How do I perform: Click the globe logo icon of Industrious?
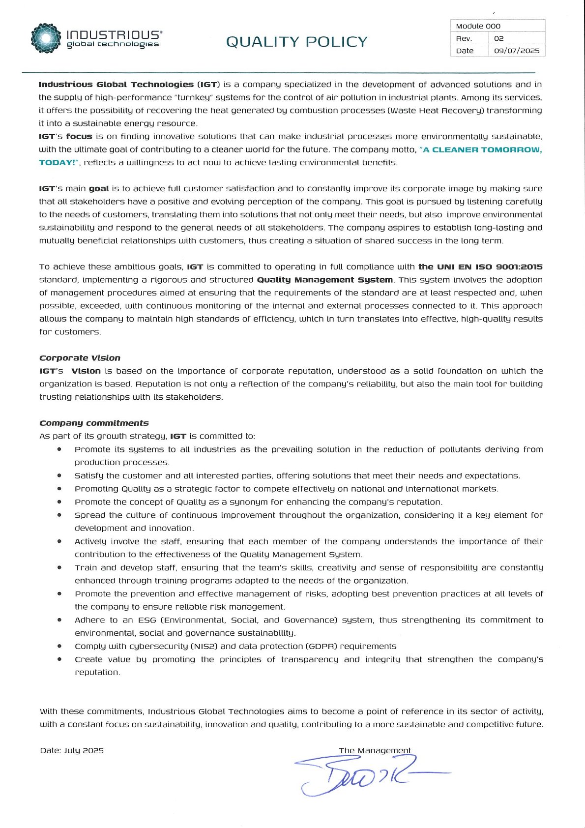tap(46, 38)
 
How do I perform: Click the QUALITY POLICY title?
tap(296, 42)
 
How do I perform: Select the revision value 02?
tap(498, 38)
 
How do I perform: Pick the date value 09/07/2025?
tap(516, 51)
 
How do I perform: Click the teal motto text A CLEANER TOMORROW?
tap(482, 149)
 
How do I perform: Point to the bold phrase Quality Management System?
tap(324, 280)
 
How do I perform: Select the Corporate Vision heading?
tap(80, 358)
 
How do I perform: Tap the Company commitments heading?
tap(94, 423)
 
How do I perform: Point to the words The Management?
tap(375, 750)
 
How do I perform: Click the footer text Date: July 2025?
tap(72, 750)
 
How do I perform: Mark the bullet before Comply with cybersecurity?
tap(59, 646)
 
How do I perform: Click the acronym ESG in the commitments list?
tap(147, 620)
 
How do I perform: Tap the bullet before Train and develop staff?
tap(59, 567)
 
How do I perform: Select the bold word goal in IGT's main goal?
tap(99, 188)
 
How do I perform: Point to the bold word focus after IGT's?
tap(79, 136)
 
